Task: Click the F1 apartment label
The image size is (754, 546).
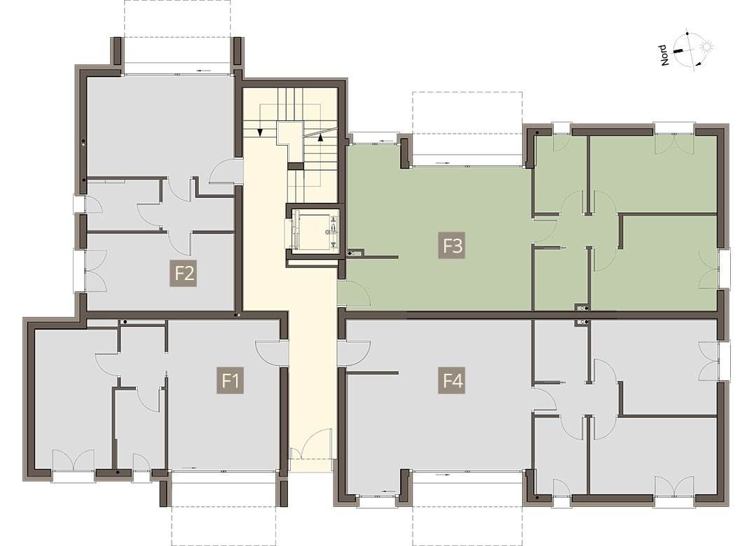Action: (230, 380)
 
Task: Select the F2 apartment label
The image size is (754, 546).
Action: (183, 273)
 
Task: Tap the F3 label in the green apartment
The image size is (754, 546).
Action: (452, 246)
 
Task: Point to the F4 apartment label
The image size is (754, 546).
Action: (451, 380)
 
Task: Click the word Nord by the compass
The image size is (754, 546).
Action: (664, 55)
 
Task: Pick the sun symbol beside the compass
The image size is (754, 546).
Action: (706, 47)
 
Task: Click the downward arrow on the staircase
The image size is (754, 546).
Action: (260, 132)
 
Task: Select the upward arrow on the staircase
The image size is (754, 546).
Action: (320, 137)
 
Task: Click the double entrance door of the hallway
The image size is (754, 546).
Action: (311, 444)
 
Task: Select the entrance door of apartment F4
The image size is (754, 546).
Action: (353, 353)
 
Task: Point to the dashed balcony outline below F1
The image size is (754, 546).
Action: (224, 514)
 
